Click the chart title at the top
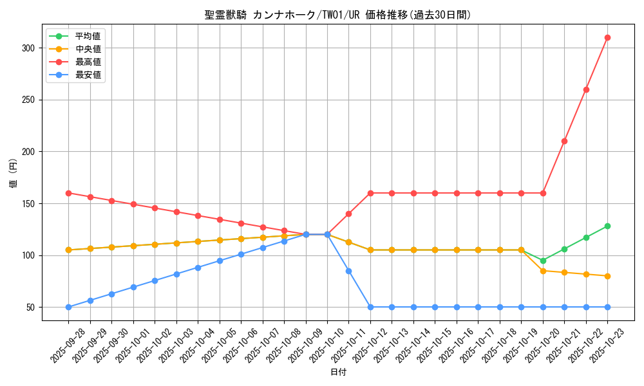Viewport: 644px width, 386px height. [x=337, y=15]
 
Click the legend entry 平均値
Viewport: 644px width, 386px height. [x=88, y=36]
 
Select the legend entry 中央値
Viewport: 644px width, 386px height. [x=88, y=49]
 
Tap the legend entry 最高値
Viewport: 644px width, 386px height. [x=88, y=62]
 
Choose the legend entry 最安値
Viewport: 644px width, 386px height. [x=88, y=75]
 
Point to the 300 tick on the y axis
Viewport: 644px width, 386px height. [x=30, y=48]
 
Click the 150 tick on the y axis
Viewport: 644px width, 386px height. [x=30, y=204]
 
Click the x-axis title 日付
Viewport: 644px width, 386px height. [x=338, y=372]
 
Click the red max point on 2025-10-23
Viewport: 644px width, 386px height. [x=607, y=37]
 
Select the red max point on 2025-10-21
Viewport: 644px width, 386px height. [x=564, y=141]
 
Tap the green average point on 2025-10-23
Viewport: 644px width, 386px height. [x=607, y=226]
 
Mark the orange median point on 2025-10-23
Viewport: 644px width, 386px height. [x=607, y=276]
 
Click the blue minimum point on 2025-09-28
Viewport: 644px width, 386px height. [x=68, y=307]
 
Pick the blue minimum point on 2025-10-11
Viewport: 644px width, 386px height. [x=348, y=271]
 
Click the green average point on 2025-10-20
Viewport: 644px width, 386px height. [x=543, y=261]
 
